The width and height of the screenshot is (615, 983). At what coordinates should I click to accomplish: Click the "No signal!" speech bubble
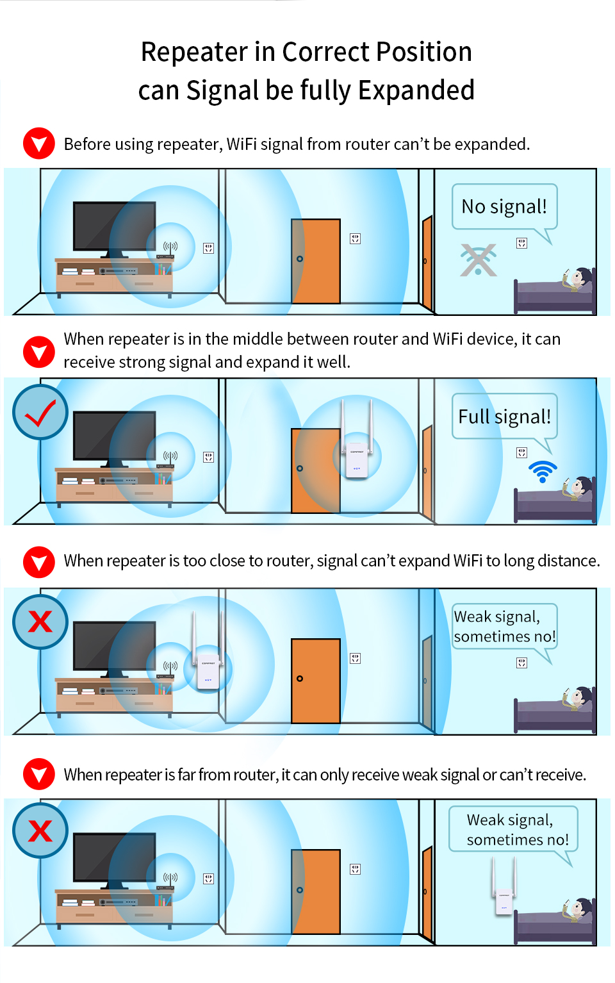504,206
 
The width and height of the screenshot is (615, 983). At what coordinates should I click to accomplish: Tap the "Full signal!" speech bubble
504,416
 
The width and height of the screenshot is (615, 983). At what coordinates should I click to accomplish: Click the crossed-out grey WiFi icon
478,260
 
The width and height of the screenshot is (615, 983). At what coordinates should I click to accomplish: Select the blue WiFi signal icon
543,472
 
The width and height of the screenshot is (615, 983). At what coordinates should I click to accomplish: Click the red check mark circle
40,412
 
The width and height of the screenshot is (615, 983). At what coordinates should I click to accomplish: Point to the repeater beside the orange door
357,439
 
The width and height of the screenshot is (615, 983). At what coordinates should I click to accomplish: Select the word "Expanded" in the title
416,90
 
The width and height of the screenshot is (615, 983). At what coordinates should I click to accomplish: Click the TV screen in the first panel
115,226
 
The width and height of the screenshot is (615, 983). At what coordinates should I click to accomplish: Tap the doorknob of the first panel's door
300,259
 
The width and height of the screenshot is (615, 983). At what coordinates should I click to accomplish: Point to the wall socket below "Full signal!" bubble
521,452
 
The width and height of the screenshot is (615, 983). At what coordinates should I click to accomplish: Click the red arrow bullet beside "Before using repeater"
39,143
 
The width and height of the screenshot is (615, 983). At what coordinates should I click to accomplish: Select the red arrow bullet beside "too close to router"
39,562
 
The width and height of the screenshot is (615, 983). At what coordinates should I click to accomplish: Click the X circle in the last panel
40,830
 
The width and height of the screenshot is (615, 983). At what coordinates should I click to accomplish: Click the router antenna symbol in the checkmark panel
170,456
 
